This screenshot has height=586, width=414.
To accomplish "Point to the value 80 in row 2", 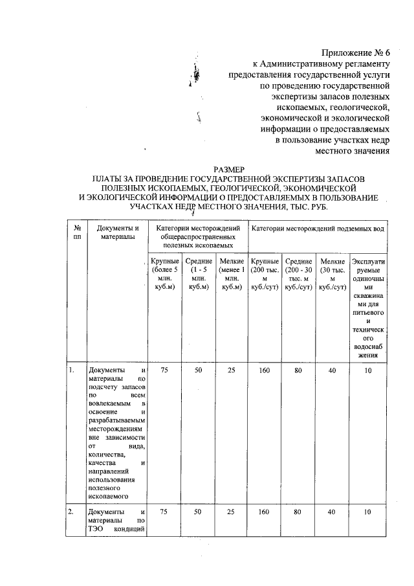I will click(298, 512).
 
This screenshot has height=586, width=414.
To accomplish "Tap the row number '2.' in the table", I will click(72, 512).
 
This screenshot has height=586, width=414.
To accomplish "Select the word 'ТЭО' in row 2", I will click(96, 533).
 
